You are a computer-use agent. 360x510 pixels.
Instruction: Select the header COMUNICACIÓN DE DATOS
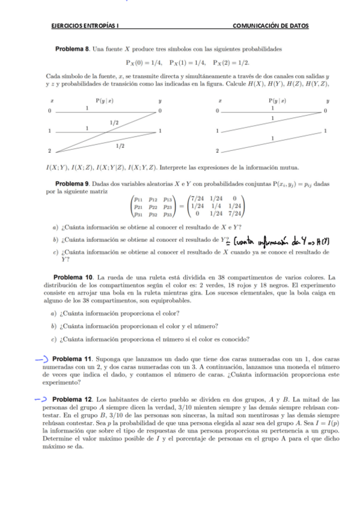click(x=270, y=26)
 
